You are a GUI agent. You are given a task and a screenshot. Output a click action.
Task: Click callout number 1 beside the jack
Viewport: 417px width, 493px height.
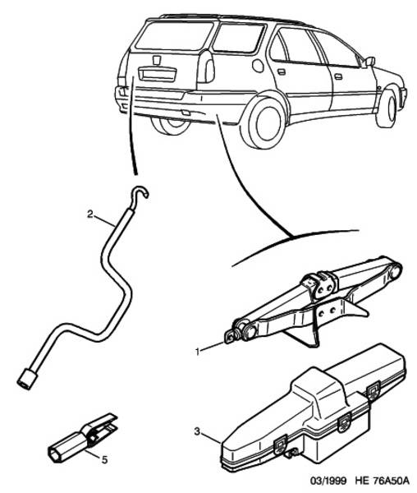coord(198,352)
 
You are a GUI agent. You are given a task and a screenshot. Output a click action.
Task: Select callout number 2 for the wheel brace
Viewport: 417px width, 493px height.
coord(90,214)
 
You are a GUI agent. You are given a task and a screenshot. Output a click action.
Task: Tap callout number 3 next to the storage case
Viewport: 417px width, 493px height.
coord(197,431)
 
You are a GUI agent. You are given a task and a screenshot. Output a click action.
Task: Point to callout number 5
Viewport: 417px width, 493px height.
coord(104,460)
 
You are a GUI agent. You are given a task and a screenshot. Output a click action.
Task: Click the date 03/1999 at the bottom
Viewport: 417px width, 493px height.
coord(328,481)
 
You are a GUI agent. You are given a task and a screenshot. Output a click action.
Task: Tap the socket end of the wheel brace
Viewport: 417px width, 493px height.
coord(27,379)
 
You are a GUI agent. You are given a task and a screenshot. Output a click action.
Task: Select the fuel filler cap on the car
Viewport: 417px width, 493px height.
coord(258,66)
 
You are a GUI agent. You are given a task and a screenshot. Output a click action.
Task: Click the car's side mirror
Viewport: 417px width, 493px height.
coord(369,62)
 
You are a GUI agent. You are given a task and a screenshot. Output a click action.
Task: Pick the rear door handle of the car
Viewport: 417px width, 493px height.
coord(282,71)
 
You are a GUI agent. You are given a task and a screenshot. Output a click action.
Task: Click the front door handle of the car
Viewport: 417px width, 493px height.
coord(338,76)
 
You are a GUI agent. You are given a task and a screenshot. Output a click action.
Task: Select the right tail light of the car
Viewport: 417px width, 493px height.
coord(206,67)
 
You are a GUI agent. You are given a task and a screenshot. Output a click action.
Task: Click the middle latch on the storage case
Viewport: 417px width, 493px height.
coord(345,421)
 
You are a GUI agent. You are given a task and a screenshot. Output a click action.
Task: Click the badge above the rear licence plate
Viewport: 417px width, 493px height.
coord(157,60)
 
